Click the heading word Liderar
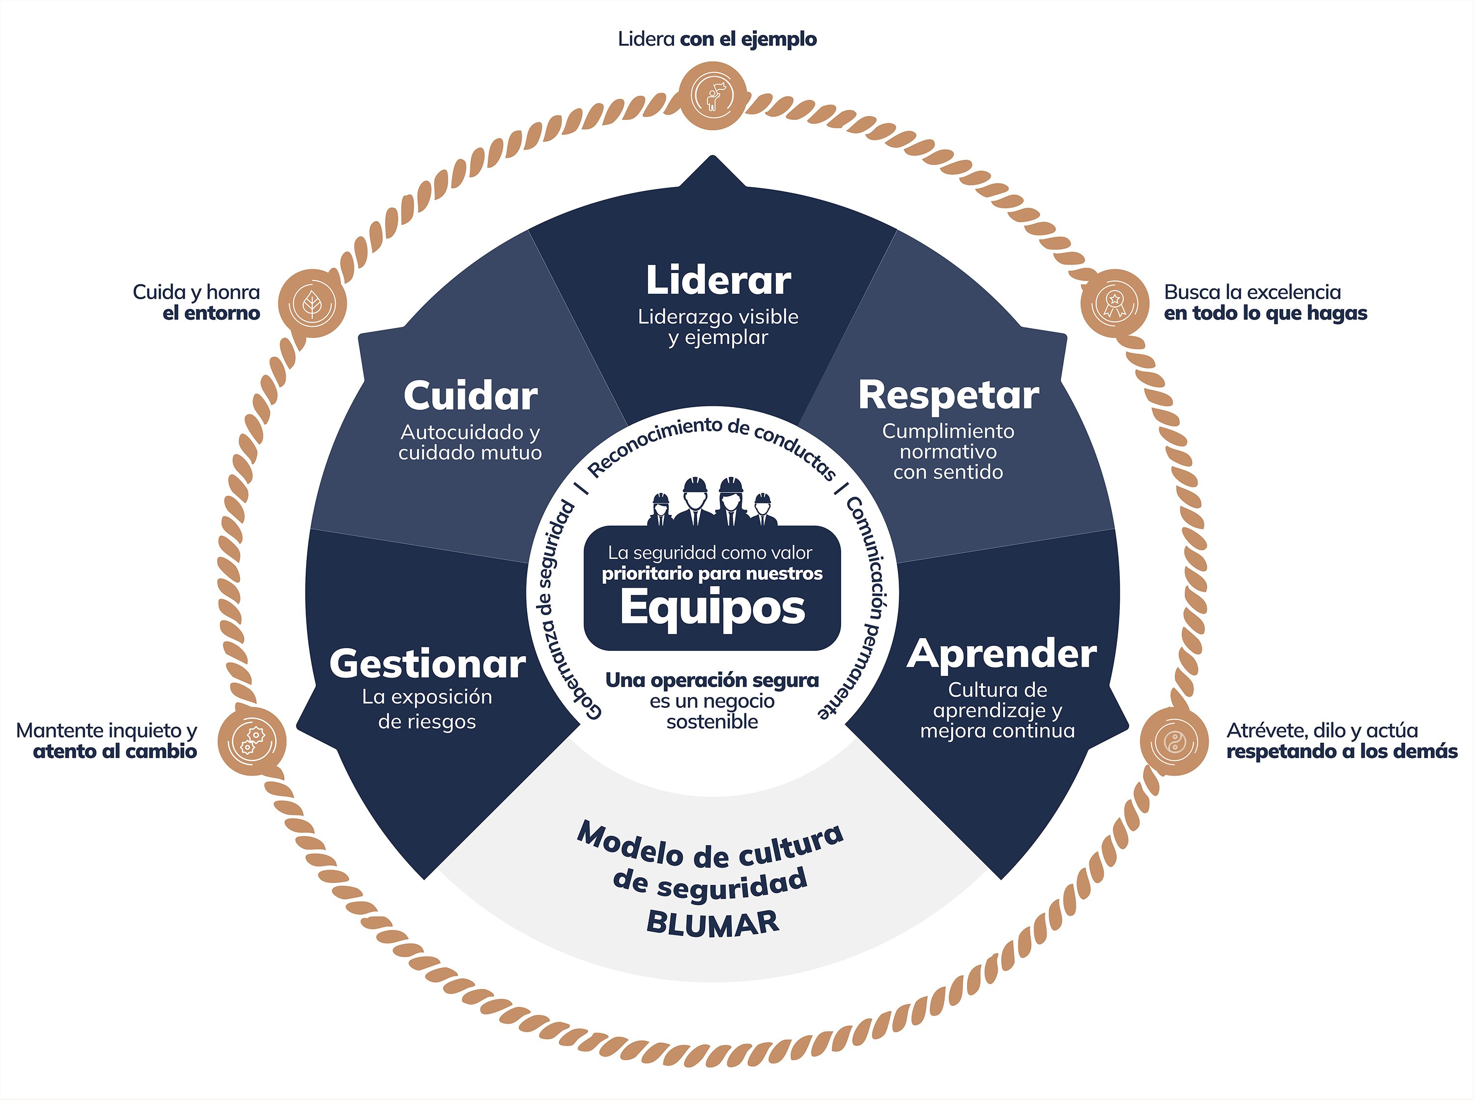tap(718, 281)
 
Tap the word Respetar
tap(948, 395)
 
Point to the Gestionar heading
tap(427, 665)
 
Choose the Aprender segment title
tap(1001, 654)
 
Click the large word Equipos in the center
tap(712, 607)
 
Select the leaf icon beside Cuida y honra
tap(312, 304)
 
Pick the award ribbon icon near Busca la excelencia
tap(1114, 303)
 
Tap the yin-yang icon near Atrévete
tap(1174, 741)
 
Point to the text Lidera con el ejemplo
tap(717, 39)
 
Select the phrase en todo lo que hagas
tap(1265, 313)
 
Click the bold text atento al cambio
tap(115, 752)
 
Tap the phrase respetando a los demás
tap(1341, 752)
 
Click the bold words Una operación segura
tap(712, 680)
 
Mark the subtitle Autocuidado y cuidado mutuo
tap(470, 443)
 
